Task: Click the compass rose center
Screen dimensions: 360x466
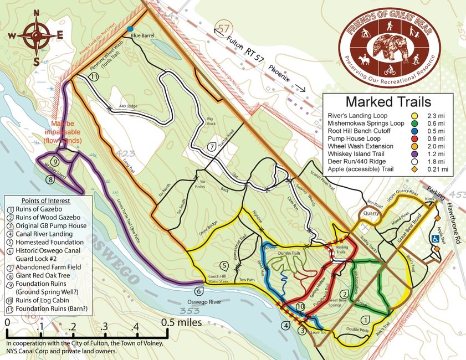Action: pos(36,34)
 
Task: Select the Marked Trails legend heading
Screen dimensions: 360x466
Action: pos(387,102)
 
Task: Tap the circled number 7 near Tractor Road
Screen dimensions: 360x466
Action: pos(212,147)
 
